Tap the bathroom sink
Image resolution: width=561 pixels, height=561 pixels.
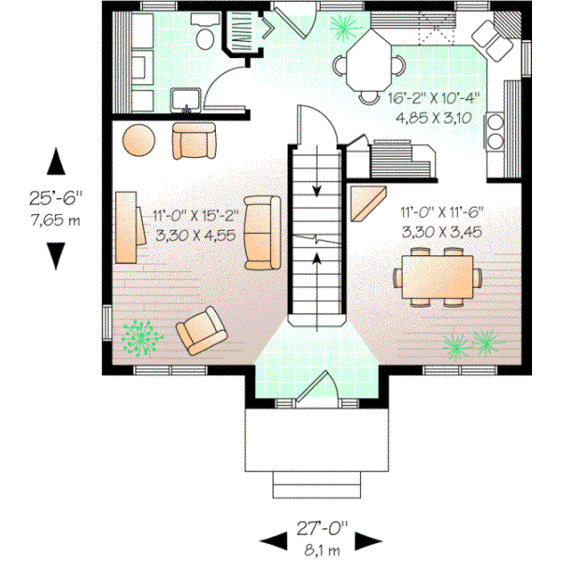click(x=184, y=98)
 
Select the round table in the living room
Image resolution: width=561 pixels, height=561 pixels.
click(x=139, y=139)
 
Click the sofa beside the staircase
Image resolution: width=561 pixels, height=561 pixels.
click(x=263, y=232)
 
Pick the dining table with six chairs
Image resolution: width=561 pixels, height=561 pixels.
click(x=436, y=277)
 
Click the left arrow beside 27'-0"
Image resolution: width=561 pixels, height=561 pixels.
click(x=271, y=540)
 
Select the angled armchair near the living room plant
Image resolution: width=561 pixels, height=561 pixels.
click(x=203, y=332)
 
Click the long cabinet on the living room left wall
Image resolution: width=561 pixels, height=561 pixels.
click(x=127, y=227)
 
